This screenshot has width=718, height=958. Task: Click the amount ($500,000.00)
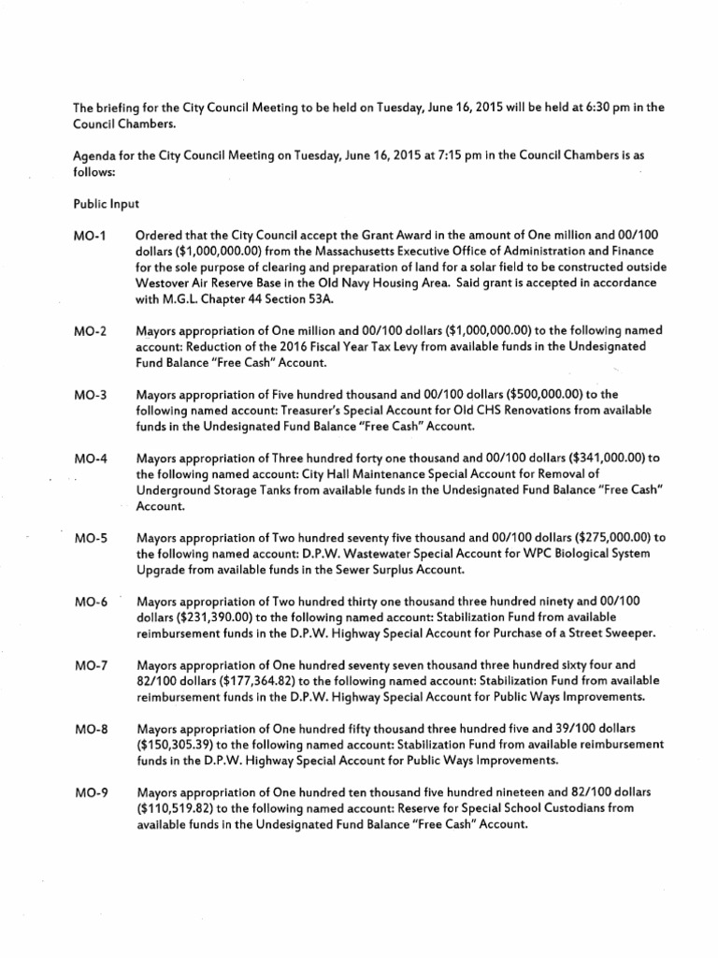536,395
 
